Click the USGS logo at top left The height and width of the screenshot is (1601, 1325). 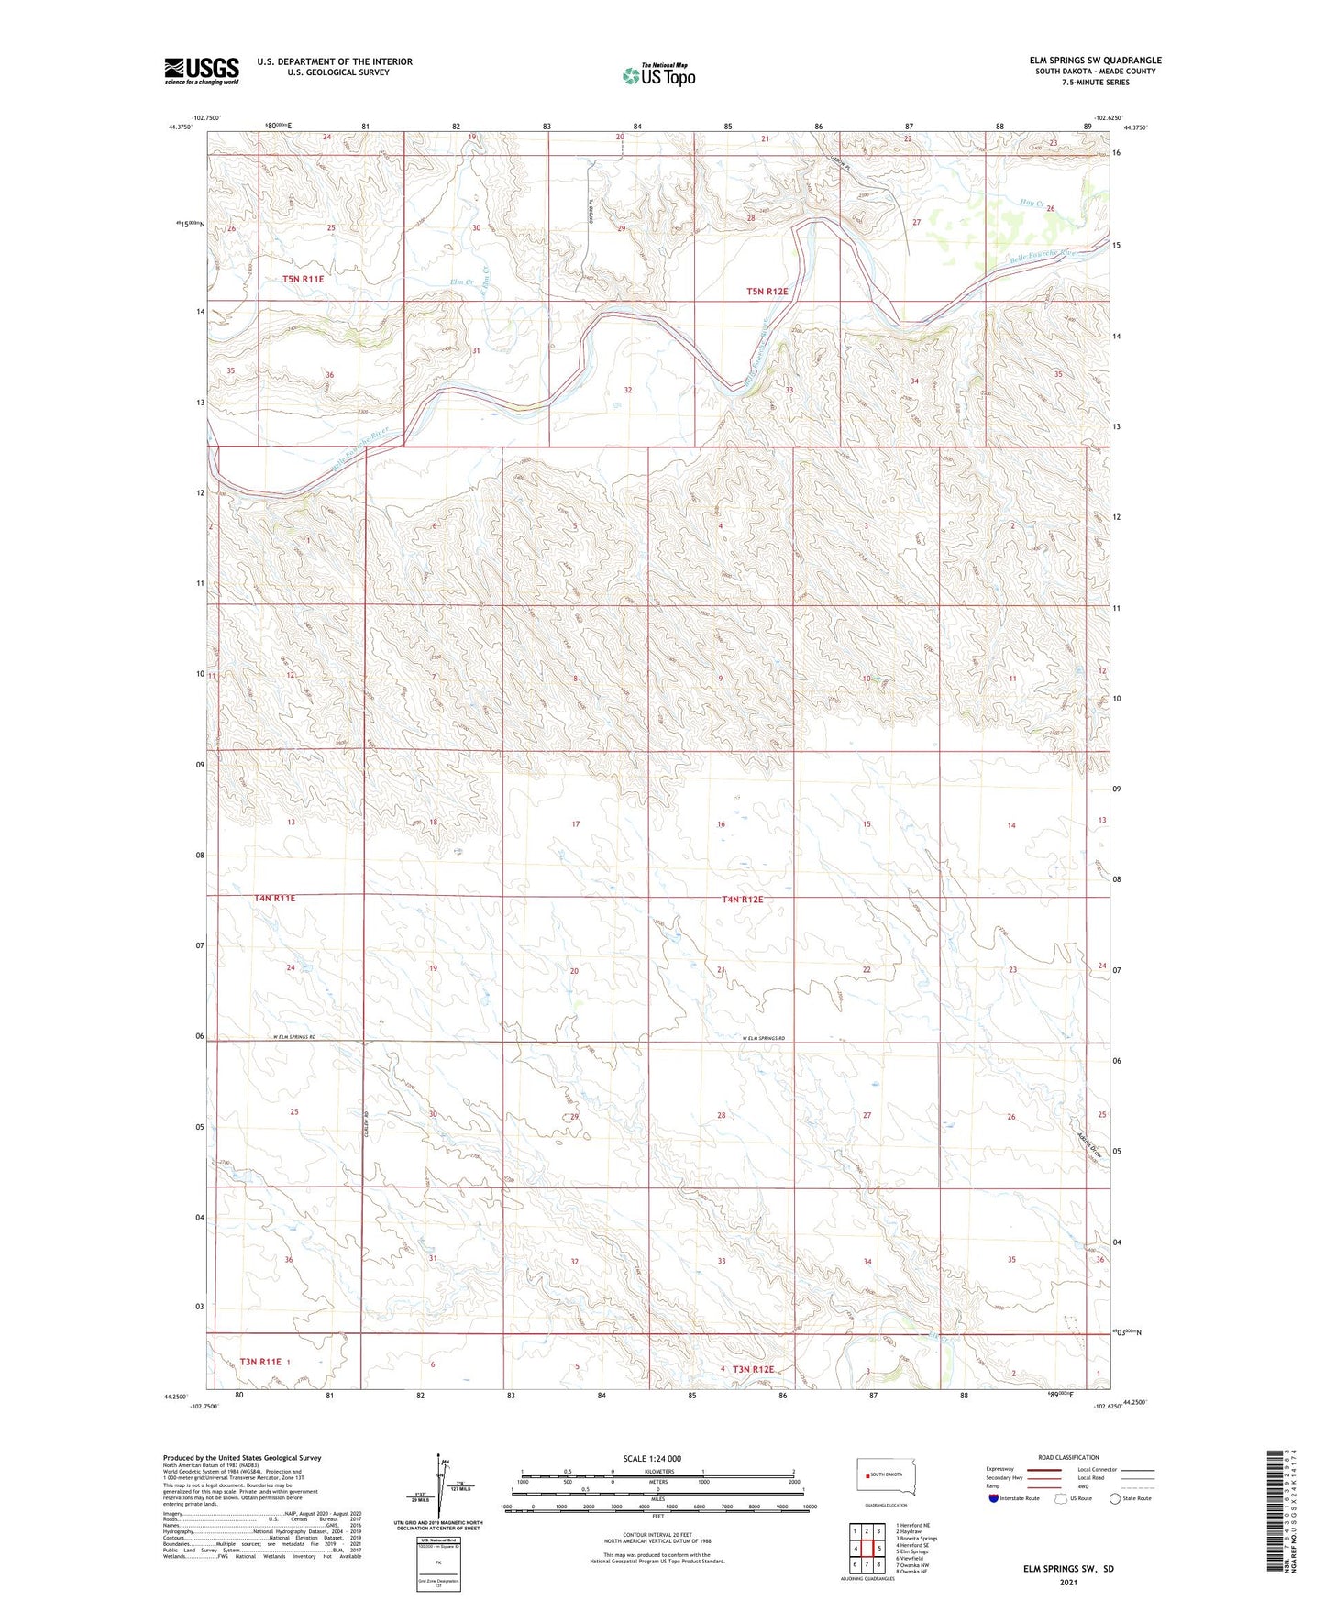[x=202, y=71]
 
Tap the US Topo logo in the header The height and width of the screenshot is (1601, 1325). [x=658, y=75]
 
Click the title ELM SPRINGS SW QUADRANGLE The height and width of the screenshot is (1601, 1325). [x=1095, y=61]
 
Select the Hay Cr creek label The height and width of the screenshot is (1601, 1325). [x=1033, y=203]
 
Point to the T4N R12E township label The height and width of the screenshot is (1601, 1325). [x=742, y=900]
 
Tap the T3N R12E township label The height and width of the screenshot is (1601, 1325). [x=753, y=1369]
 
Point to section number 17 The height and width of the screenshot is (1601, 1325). [x=576, y=824]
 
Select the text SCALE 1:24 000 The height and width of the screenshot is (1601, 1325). [x=652, y=1458]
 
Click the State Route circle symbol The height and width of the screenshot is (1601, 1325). [x=1115, y=1498]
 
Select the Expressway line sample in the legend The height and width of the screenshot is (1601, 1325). [x=1043, y=1470]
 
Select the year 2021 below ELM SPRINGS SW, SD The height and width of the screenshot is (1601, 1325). [x=1068, y=1583]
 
